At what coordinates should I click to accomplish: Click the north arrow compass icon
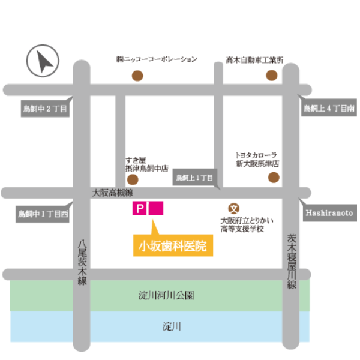[x=43, y=62]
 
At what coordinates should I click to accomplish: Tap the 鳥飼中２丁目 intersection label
[x=44, y=109]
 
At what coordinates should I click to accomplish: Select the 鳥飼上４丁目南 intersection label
[x=328, y=109]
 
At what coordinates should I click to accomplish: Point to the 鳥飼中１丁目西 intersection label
[x=43, y=213]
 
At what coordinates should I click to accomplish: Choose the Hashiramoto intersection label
[x=329, y=213]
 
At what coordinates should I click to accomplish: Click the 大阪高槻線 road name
[x=112, y=193]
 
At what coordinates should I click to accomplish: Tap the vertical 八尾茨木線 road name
[x=82, y=262]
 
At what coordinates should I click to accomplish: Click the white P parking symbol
[x=139, y=209]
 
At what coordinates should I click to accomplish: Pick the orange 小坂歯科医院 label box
[x=173, y=246]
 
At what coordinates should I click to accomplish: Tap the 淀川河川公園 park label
[x=166, y=295]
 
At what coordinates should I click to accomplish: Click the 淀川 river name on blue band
[x=172, y=327]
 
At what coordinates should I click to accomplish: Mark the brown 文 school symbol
[x=235, y=208]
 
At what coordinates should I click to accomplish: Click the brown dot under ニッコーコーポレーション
[x=137, y=76]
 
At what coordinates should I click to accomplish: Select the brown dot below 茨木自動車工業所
[x=272, y=76]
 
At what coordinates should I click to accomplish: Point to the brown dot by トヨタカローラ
[x=274, y=177]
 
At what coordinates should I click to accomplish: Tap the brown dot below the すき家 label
[x=133, y=179]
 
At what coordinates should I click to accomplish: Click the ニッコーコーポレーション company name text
[x=157, y=59]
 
